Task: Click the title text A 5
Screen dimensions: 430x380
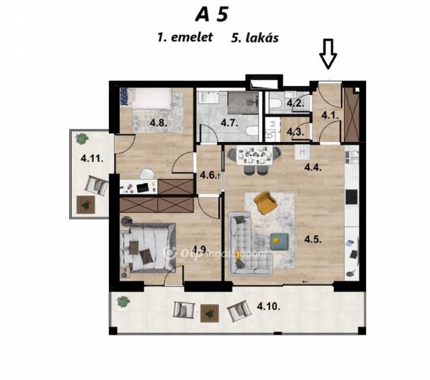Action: click(x=212, y=15)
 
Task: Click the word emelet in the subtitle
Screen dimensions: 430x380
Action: click(x=192, y=38)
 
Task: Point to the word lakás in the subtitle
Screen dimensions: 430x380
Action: click(x=262, y=38)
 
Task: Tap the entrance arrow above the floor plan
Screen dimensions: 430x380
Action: click(x=328, y=54)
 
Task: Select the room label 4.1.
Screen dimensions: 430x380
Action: click(x=330, y=115)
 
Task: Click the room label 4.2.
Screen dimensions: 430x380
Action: click(x=296, y=104)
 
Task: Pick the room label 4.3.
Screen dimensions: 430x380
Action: click(x=296, y=132)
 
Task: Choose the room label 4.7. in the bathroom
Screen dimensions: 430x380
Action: click(x=230, y=122)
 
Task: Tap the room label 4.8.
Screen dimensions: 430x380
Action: click(x=159, y=122)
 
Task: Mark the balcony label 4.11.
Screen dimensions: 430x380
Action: click(x=92, y=159)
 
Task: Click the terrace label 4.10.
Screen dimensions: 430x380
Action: click(x=269, y=307)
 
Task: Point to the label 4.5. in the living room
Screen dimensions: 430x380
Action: click(x=313, y=239)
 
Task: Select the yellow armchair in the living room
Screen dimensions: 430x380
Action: click(x=265, y=202)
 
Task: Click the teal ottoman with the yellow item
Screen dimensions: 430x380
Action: click(x=279, y=241)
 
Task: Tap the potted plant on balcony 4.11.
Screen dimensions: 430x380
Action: click(x=82, y=139)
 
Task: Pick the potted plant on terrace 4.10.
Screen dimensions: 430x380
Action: click(x=123, y=302)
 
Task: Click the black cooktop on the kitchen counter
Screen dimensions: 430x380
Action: click(x=351, y=197)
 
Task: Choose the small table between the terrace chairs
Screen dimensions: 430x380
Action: click(x=210, y=313)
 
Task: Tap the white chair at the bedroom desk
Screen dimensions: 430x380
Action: click(x=146, y=174)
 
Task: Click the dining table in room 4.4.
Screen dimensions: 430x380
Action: click(x=255, y=155)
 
